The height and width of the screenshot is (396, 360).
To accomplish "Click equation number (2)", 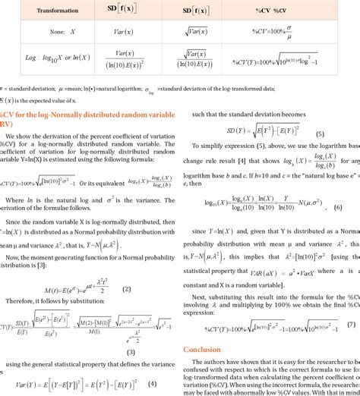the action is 127,289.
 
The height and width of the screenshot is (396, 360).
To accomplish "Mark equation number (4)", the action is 153,383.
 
